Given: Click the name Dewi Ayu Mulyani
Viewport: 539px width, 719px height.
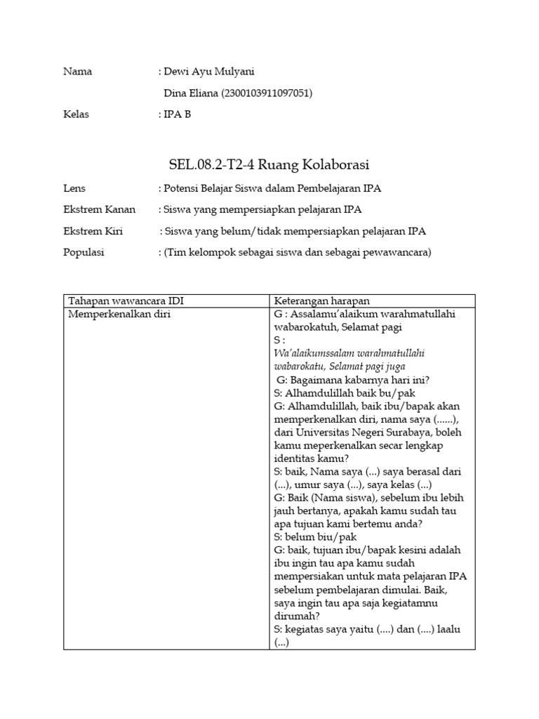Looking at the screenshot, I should (x=207, y=71).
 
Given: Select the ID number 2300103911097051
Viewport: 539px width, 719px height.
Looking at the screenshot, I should (x=267, y=93).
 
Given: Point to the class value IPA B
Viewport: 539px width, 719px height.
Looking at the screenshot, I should (x=178, y=114).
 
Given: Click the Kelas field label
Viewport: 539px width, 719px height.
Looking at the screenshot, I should (x=76, y=114).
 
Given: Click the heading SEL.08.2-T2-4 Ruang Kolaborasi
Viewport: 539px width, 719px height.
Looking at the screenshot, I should (x=269, y=164).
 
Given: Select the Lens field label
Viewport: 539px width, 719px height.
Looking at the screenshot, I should (x=74, y=188).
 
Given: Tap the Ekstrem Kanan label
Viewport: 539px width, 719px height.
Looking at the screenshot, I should (x=100, y=209).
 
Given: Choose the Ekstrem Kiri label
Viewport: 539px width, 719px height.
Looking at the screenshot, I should (x=94, y=231).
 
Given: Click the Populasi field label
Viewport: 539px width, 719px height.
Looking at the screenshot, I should (x=84, y=252).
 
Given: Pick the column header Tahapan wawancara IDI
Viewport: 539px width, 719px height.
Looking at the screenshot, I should (x=126, y=301).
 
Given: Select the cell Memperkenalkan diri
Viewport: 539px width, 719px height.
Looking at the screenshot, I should (x=119, y=314).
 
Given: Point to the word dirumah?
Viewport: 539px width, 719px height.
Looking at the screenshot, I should (x=294, y=616).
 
